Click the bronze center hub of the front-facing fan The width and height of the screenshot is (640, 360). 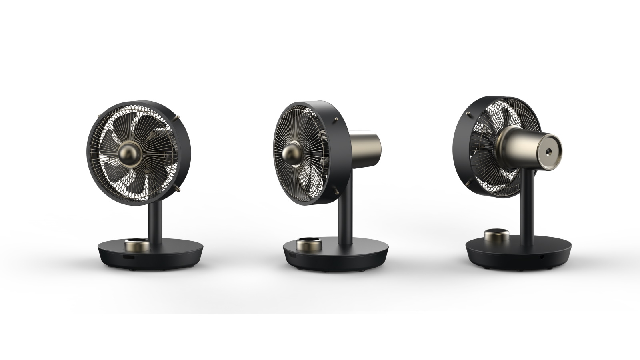coord(128,153)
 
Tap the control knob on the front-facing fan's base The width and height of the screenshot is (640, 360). coord(137,244)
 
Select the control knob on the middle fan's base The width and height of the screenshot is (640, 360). coord(309,244)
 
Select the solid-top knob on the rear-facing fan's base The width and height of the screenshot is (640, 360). coord(496,235)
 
